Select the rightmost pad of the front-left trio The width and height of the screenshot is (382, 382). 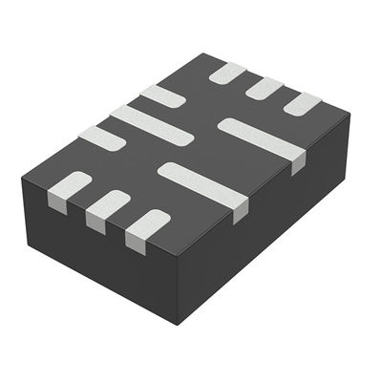tap(149, 224)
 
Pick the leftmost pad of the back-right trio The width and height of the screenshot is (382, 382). tap(227, 73)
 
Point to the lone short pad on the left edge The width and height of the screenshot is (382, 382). tap(101, 138)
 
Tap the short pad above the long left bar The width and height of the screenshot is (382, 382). tap(161, 95)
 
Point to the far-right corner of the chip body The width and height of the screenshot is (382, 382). tap(350, 115)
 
